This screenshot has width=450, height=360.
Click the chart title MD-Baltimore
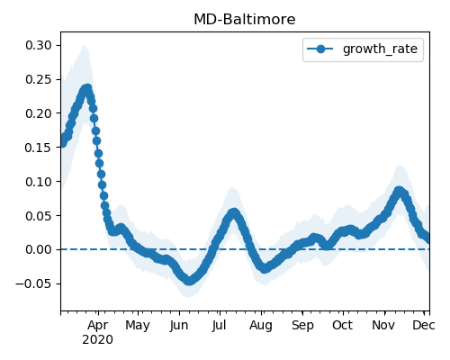[x=245, y=20]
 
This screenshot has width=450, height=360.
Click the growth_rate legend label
[x=380, y=49]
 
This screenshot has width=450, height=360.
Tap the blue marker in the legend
[x=320, y=49]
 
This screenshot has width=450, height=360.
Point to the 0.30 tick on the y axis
[x=39, y=45]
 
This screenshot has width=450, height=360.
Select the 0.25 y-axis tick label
[x=39, y=79]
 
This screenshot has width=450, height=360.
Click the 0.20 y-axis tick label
[x=39, y=113]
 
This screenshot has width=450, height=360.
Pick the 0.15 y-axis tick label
[x=39, y=148]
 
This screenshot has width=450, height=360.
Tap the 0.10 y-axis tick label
[x=39, y=182]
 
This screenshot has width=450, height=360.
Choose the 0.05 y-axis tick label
[x=39, y=216]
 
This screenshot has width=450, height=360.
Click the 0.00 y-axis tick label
[x=39, y=249]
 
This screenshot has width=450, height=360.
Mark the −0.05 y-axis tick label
[x=34, y=283]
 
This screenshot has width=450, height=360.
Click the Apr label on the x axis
[x=98, y=326]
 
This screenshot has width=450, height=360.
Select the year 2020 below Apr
[x=98, y=340]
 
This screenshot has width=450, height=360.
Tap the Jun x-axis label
[x=179, y=326]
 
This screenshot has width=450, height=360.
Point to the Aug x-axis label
[x=261, y=326]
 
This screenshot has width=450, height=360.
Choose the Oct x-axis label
[x=343, y=325]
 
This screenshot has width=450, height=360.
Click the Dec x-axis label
[x=424, y=325]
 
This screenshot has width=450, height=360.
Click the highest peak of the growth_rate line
[x=87, y=89]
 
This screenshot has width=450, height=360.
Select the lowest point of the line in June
[x=189, y=281]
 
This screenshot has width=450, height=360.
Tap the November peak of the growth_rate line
[x=399, y=191]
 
